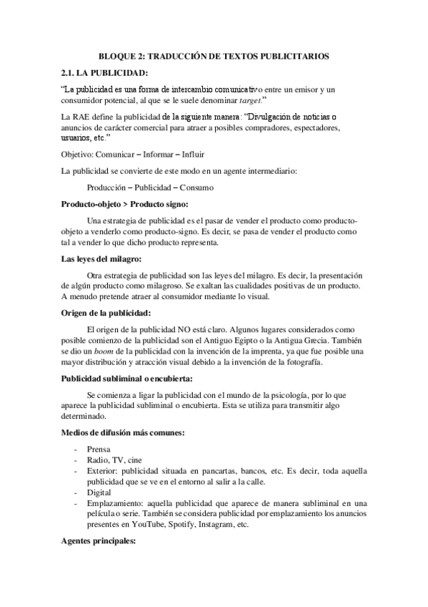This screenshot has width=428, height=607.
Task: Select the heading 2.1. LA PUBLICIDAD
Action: tap(106, 73)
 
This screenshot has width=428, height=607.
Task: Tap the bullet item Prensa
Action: tap(99, 449)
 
